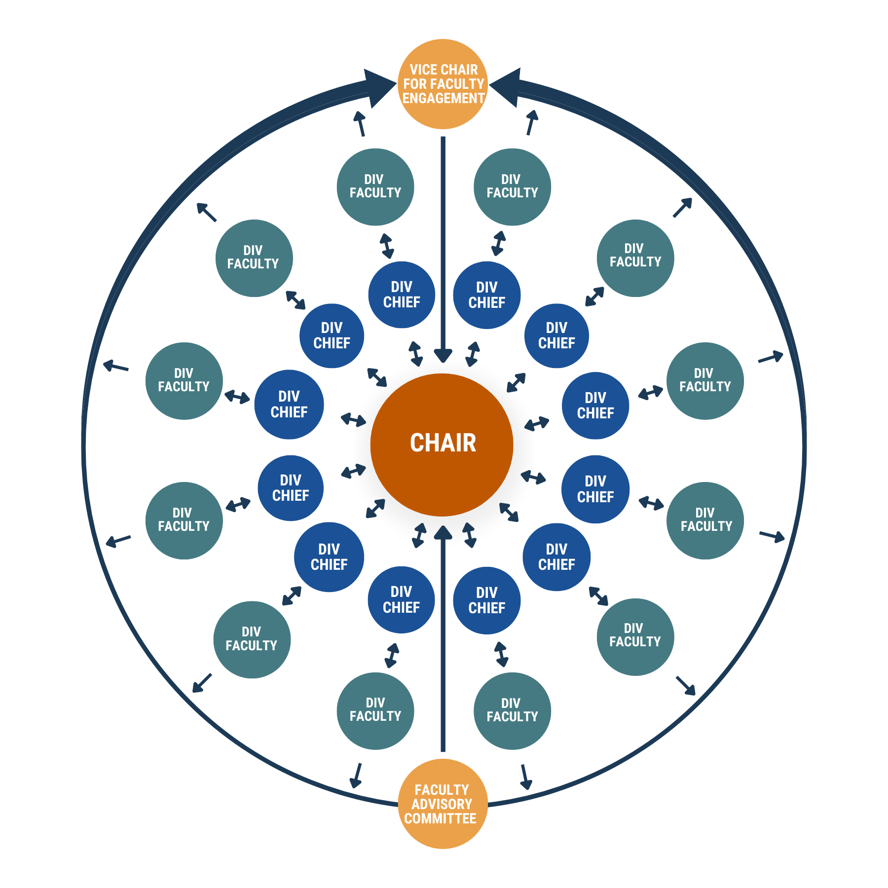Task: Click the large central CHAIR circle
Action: tap(442, 444)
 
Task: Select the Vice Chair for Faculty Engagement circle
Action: tap(443, 84)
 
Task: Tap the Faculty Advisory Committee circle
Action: tap(443, 804)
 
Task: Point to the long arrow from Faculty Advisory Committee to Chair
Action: tap(443, 641)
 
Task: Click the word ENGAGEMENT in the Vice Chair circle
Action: tap(443, 98)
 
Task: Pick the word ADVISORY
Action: tap(442, 804)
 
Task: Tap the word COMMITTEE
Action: tap(440, 818)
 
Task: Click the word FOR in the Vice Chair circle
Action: tap(414, 84)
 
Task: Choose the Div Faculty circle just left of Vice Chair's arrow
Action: tap(375, 187)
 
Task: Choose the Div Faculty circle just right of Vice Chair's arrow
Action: tap(512, 187)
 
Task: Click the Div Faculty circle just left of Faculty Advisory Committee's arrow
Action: tap(375, 711)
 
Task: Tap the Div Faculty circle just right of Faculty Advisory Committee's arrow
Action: tap(512, 711)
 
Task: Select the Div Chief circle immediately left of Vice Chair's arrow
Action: tap(402, 295)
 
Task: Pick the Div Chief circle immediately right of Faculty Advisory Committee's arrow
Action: tap(487, 600)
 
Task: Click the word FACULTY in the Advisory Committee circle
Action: tap(442, 790)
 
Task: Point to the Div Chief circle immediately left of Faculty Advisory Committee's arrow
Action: tap(401, 599)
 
